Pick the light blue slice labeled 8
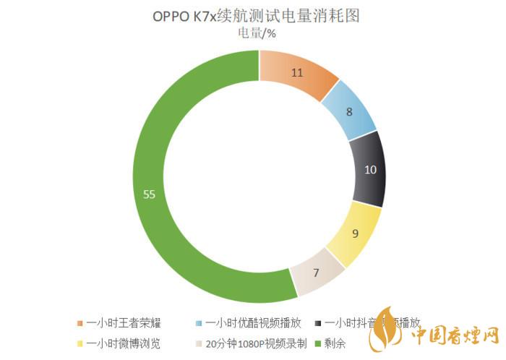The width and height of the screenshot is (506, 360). (349, 113)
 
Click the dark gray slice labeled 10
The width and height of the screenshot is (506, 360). (369, 169)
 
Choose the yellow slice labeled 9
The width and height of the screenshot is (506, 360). (354, 233)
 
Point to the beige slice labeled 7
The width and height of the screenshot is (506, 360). (316, 273)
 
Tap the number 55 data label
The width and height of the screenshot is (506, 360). (150, 194)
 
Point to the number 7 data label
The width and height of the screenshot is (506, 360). (317, 273)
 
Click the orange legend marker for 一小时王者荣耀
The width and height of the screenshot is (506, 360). (80, 323)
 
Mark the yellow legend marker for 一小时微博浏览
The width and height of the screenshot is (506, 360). (80, 343)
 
